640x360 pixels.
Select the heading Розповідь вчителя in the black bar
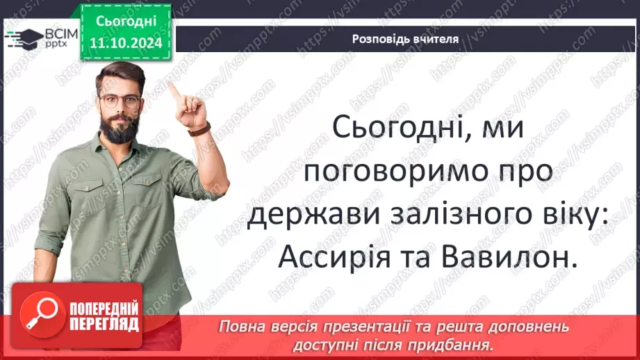point(405,39)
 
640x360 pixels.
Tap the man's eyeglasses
point(119,100)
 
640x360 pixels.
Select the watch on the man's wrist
point(200,129)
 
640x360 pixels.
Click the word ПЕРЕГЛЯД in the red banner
point(104,324)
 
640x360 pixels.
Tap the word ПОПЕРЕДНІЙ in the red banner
point(104,309)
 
